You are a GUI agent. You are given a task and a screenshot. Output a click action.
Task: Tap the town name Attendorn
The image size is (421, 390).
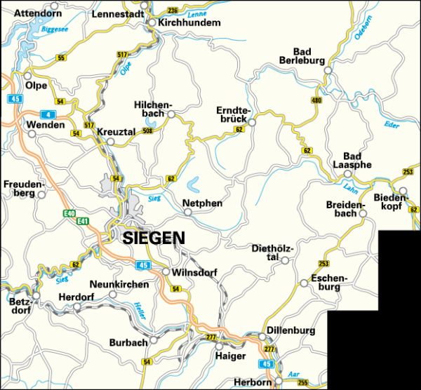[x=38, y=13]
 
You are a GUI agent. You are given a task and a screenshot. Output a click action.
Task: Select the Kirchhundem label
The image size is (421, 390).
[x=191, y=23]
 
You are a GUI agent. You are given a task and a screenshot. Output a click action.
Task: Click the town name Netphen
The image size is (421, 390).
[x=202, y=203]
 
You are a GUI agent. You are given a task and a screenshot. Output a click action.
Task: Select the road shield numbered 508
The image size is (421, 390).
[x=147, y=130]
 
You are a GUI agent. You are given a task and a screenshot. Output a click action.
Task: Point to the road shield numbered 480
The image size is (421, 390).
[x=316, y=101]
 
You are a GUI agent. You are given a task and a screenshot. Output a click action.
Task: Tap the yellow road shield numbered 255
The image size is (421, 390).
[x=302, y=382]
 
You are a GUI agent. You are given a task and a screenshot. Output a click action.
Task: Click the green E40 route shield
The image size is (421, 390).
[x=68, y=213]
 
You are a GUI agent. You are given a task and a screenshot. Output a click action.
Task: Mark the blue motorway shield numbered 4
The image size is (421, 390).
[x=48, y=114]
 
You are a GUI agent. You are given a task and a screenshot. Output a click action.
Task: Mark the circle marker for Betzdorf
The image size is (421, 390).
[x=36, y=297]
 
